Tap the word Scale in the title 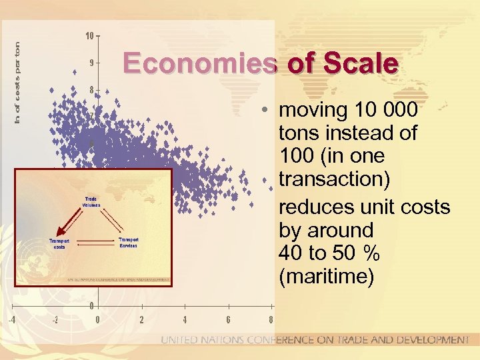pyautogui.click(x=359, y=64)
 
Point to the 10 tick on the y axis pyautogui.click(x=89, y=35)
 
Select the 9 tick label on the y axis pyautogui.click(x=91, y=63)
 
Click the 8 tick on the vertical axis pyautogui.click(x=91, y=90)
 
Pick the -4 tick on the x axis pyautogui.click(x=11, y=319)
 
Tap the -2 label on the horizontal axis pyautogui.click(x=55, y=319)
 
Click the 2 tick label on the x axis pyautogui.click(x=141, y=319)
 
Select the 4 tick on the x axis pyautogui.click(x=185, y=319)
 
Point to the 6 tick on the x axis pyautogui.click(x=228, y=319)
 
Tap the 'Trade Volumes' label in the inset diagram pyautogui.click(x=91, y=201)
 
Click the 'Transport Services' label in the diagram pyautogui.click(x=128, y=243)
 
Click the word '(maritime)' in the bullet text pyautogui.click(x=326, y=277)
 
